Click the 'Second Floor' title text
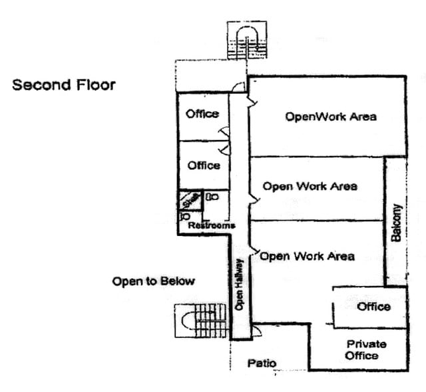(x=64, y=85)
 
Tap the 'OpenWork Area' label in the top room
(x=331, y=117)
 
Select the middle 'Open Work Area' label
(x=310, y=186)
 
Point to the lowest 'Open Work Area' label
(x=307, y=256)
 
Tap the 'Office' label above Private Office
(x=373, y=307)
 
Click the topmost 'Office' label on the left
(x=202, y=114)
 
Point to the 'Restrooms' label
(x=212, y=226)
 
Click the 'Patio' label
(x=262, y=363)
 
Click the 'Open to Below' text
(x=153, y=281)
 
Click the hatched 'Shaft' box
(x=190, y=199)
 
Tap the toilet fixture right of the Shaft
(x=212, y=197)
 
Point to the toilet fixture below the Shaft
(x=186, y=217)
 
